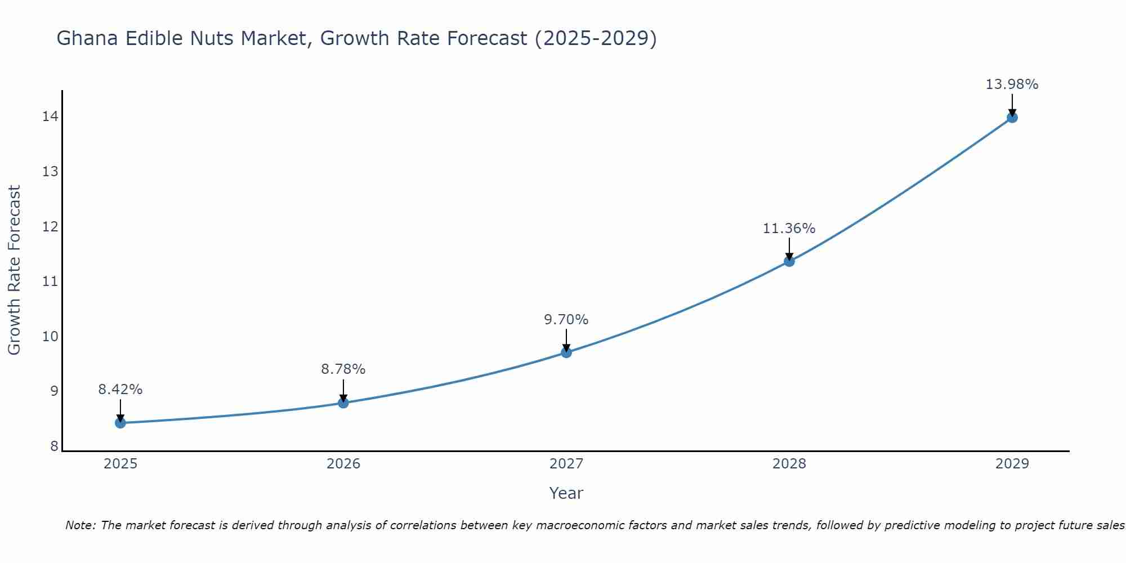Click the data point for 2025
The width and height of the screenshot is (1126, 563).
coord(120,423)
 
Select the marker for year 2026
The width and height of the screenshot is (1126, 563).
coord(343,403)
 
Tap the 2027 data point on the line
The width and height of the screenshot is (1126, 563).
coord(566,352)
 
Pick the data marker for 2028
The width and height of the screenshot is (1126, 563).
coord(789,261)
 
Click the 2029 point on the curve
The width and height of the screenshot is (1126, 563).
coord(1012,117)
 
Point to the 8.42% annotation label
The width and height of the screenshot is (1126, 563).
coord(120,390)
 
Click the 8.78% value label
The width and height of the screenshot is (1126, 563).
coord(343,369)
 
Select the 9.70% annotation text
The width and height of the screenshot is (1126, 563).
coord(566,320)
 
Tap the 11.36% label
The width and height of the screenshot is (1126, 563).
coord(789,229)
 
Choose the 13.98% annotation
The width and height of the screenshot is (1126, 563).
coord(1012,84)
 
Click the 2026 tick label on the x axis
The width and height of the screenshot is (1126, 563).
coord(343,464)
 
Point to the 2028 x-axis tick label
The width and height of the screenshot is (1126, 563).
coord(789,464)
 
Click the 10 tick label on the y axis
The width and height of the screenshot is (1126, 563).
coord(50,337)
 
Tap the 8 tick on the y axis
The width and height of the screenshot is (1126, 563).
coord(54,446)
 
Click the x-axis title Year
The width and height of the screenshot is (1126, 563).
coord(566,493)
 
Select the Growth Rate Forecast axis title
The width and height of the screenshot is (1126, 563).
coord(14,270)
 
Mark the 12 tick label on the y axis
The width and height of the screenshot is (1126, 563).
coord(50,227)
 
